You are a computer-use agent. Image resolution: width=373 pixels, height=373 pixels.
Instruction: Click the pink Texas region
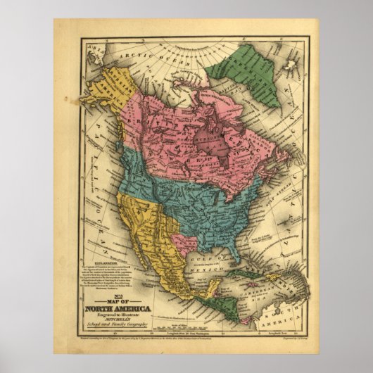point(186,243)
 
